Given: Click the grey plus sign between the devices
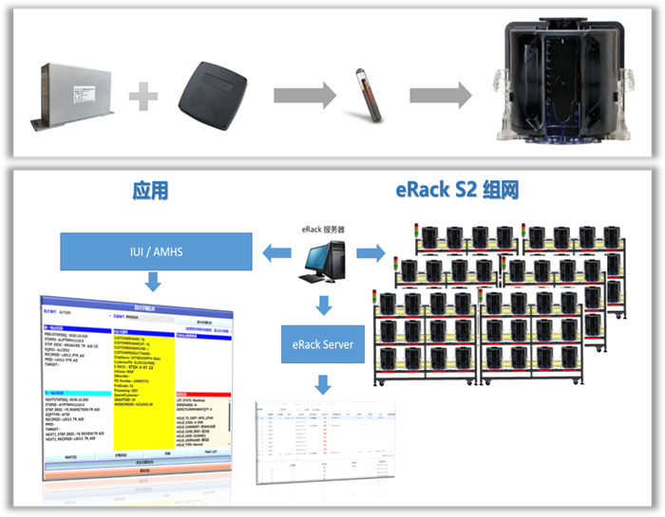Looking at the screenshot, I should tap(142, 94).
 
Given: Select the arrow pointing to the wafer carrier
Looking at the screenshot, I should tap(441, 94).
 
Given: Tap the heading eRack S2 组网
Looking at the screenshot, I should tap(458, 191).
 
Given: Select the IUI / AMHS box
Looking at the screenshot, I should tap(156, 253).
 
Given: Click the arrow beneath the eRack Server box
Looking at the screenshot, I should tap(324, 383).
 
